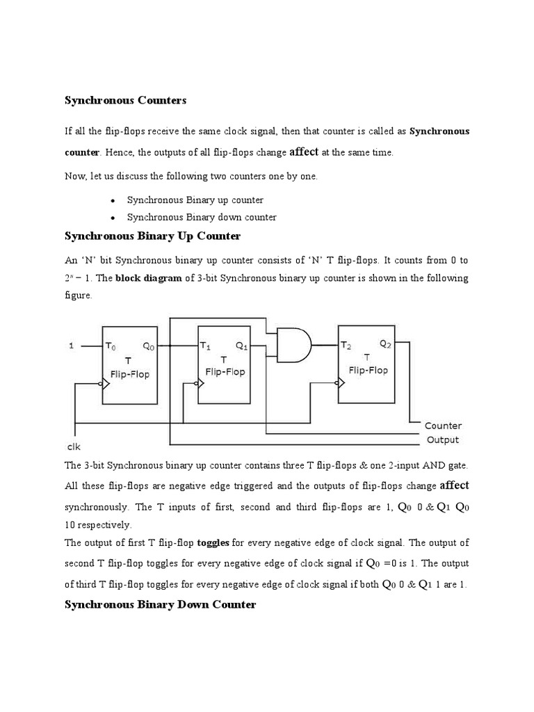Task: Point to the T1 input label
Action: [206, 345]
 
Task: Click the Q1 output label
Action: [242, 345]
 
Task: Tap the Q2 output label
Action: [386, 343]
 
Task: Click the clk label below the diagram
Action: [74, 448]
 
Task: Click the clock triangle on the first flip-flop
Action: [106, 382]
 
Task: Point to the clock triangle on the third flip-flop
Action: [341, 381]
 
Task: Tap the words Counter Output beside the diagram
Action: [443, 432]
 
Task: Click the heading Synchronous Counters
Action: [125, 101]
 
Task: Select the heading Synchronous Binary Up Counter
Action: [152, 236]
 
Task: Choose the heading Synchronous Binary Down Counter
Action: [160, 605]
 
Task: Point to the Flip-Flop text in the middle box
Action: [225, 372]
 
